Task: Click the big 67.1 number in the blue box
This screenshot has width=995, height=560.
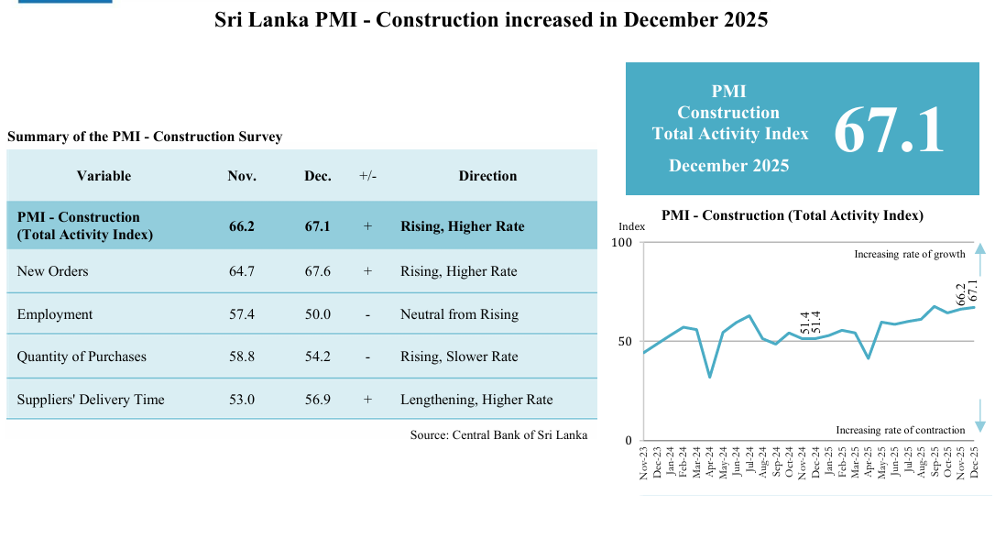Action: click(x=888, y=130)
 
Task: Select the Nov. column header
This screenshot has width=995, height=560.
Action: click(x=242, y=176)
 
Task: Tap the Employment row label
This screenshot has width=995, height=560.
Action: click(x=55, y=314)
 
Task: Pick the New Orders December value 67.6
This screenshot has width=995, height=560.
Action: click(x=317, y=271)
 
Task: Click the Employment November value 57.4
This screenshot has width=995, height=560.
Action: click(x=242, y=314)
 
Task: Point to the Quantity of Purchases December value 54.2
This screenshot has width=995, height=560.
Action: click(x=317, y=357)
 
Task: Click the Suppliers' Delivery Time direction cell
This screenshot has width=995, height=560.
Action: click(x=476, y=400)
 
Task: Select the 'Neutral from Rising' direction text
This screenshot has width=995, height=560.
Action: click(x=459, y=314)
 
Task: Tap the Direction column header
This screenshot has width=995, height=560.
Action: click(x=487, y=176)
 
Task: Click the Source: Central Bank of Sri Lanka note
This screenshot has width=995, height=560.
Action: click(x=498, y=435)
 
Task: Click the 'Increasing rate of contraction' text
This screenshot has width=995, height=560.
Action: click(x=900, y=430)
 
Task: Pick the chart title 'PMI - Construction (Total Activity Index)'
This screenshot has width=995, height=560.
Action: click(x=792, y=215)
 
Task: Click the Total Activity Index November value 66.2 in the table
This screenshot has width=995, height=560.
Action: click(x=242, y=225)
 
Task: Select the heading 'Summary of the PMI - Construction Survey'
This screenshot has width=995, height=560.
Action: click(x=145, y=137)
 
